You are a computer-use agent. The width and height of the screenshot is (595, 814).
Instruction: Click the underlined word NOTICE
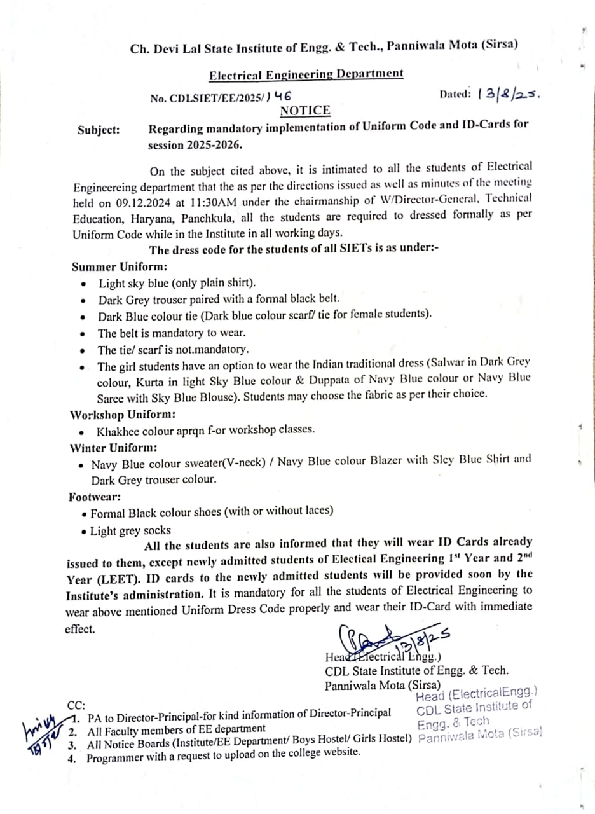[x=305, y=111]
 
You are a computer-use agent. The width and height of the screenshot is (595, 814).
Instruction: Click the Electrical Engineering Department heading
[x=306, y=74]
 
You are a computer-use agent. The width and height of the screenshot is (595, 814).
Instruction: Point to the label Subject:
[x=99, y=130]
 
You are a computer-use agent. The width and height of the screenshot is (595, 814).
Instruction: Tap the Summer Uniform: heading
[x=120, y=266]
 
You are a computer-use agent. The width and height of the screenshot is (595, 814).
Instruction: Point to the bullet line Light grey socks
[x=130, y=530]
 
